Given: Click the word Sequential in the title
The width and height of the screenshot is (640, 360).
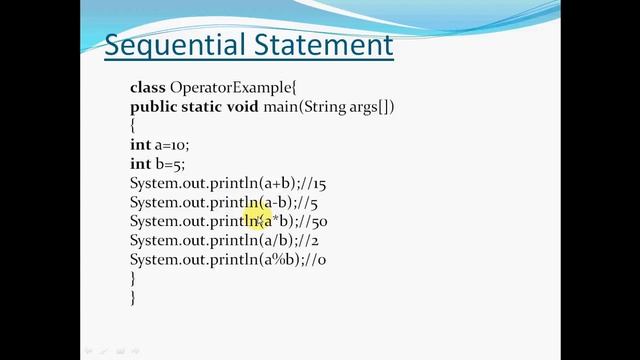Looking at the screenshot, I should pos(166,45).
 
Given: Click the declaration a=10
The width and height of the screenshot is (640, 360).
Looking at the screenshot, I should pos(174,145).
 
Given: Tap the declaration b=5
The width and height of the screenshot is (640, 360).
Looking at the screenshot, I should pos(171,164).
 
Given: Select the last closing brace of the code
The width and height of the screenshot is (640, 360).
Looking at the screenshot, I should pos(133,297).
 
